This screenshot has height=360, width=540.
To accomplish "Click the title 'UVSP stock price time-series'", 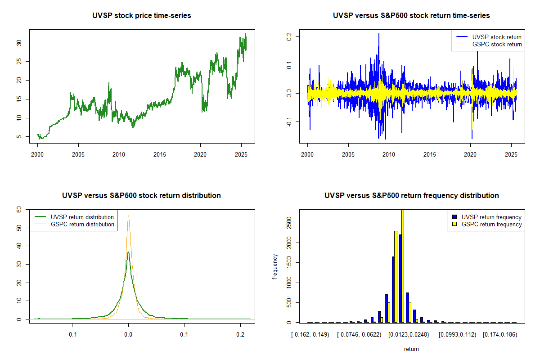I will click(x=142, y=16).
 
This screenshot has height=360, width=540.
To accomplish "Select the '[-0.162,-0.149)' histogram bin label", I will click(x=310, y=335).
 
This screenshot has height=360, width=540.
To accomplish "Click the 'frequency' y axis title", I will click(x=275, y=267).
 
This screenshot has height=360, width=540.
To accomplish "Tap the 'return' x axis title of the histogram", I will click(x=411, y=349).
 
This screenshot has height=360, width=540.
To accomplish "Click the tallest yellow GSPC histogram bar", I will click(x=403, y=265).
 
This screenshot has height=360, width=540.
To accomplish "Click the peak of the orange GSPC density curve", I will click(x=128, y=216).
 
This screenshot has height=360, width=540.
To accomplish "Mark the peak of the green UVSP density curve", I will click(x=128, y=252).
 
